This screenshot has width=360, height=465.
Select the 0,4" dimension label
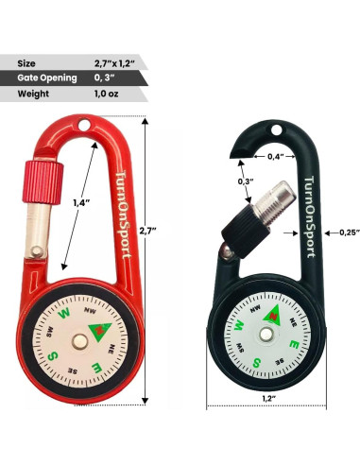276,155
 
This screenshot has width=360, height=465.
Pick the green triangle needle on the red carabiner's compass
98,327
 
